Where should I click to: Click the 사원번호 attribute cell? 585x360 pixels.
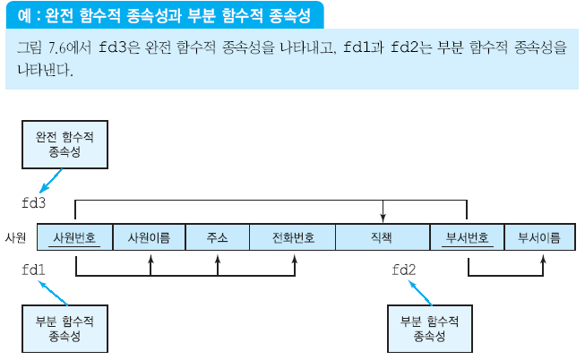coord(75,237)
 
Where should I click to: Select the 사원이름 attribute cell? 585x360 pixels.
coord(149,237)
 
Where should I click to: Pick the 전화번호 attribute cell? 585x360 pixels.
coord(294,237)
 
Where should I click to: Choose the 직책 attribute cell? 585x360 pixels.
coord(382,237)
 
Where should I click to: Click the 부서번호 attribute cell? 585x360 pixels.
coord(468,237)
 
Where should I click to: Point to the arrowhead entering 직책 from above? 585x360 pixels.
coord(383,218)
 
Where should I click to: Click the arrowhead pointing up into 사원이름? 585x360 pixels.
coord(151,258)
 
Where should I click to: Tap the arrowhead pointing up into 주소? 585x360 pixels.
coord(218,258)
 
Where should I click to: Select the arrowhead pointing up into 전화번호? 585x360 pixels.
coord(295,258)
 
